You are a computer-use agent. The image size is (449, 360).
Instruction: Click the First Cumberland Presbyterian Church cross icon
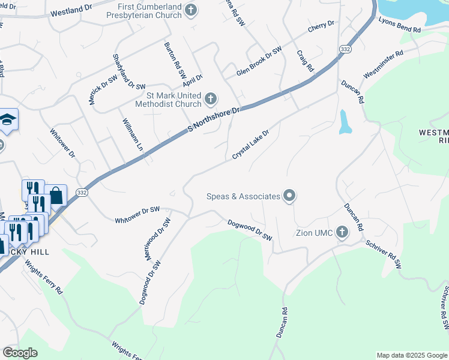pyautogui.click(x=191, y=10)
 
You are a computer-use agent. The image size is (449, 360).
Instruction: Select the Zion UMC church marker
pyautogui.click(x=342, y=232)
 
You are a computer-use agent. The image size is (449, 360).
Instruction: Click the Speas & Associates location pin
pyautogui.click(x=289, y=196)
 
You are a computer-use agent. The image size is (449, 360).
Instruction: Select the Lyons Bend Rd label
pyautogui.click(x=400, y=24)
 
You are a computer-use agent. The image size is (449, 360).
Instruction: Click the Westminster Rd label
pyautogui.click(x=382, y=64)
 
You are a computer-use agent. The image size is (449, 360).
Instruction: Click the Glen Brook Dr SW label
pyautogui.click(x=259, y=62)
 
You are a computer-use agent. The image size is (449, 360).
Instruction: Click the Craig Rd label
pyautogui.click(x=305, y=61)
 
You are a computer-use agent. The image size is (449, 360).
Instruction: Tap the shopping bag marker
pyautogui.click(x=55, y=195)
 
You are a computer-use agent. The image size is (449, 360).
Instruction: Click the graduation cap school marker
pyautogui.click(x=8, y=119)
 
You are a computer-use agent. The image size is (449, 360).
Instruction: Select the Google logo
pyautogui.click(x=20, y=353)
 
